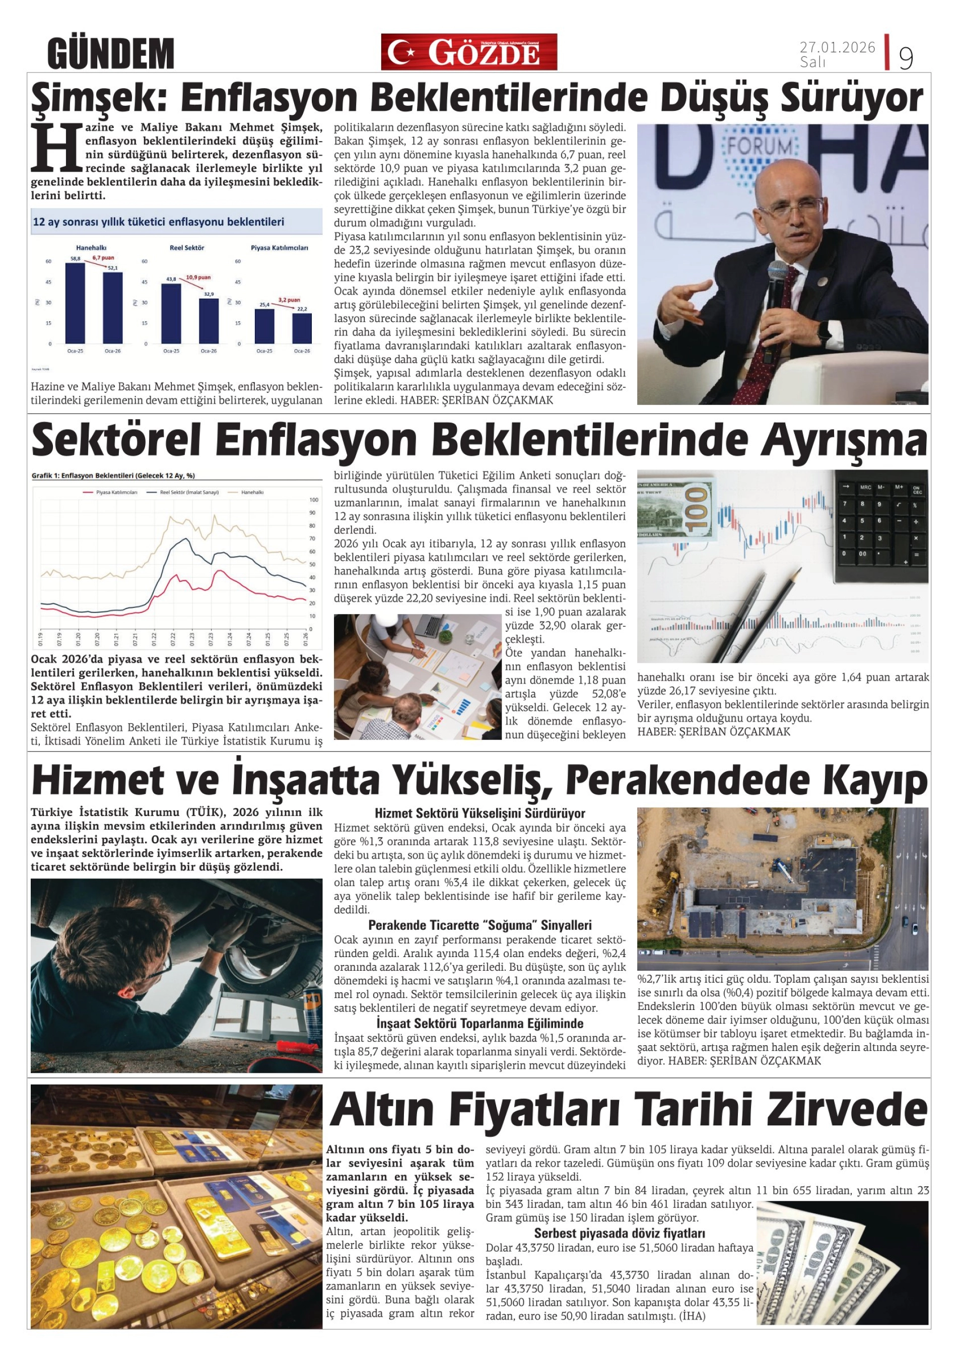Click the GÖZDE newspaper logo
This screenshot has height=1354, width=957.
(x=469, y=52)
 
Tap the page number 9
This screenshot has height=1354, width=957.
(x=906, y=57)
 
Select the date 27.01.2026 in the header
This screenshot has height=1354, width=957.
(x=837, y=47)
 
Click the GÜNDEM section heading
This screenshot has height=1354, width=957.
(x=111, y=53)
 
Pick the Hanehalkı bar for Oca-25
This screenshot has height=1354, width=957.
(x=75, y=303)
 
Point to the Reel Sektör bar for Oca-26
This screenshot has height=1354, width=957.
(x=209, y=321)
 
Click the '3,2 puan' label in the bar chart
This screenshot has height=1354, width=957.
(x=289, y=300)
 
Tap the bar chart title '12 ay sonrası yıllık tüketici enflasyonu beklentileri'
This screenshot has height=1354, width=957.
(x=159, y=222)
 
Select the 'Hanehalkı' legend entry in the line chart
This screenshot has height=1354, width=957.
(x=252, y=492)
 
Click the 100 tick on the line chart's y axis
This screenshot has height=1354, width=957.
(x=313, y=500)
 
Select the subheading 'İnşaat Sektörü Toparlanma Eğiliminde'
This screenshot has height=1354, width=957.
(x=480, y=1023)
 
